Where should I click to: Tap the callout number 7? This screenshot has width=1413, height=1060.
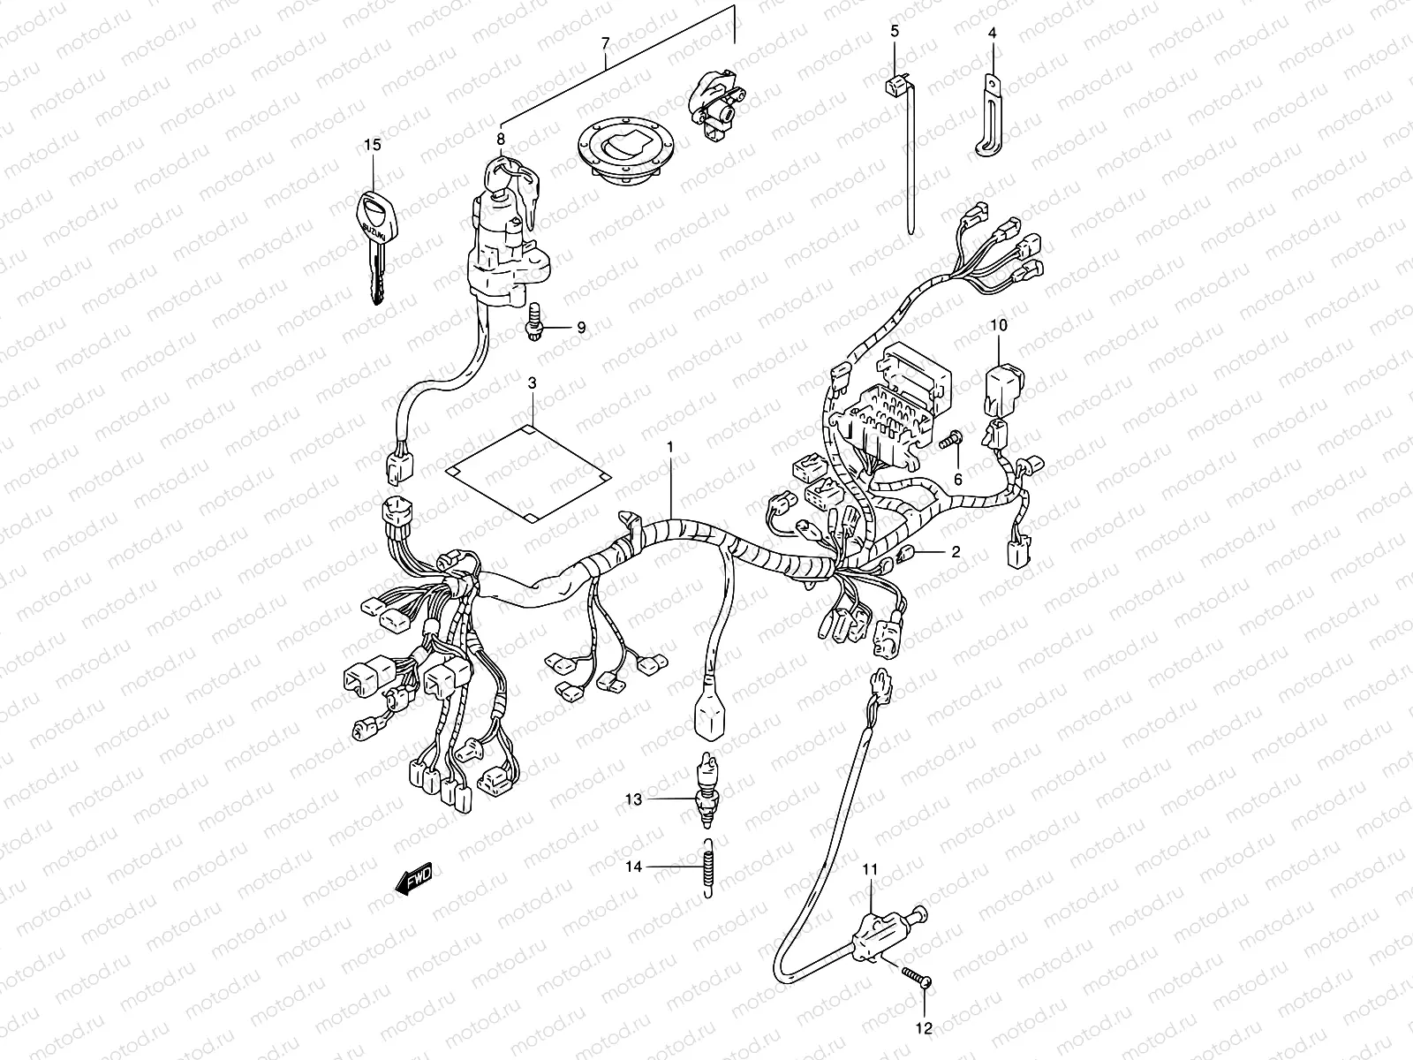[605, 42]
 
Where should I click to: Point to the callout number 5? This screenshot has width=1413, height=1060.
[894, 31]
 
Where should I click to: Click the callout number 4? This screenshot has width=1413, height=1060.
[992, 33]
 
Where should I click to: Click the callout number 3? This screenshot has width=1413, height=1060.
[532, 382]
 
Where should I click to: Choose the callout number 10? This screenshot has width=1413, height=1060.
[998, 325]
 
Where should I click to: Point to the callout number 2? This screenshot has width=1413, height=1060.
[956, 552]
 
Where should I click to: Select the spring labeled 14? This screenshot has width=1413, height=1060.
[706, 869]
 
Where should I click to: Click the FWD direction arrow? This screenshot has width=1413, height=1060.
[412, 880]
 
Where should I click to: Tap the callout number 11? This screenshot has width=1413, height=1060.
[870, 870]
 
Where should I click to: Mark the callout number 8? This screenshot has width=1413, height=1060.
[500, 139]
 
